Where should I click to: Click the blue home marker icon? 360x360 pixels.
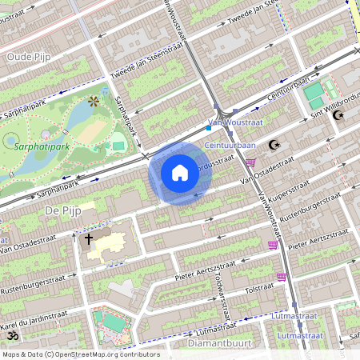[x=180, y=173]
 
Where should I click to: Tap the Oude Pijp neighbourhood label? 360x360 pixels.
[x=29, y=57]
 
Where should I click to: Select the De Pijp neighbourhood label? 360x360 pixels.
[x=59, y=210]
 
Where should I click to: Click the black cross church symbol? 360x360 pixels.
[x=88, y=238]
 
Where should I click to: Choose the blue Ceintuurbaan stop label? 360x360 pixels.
[x=230, y=145]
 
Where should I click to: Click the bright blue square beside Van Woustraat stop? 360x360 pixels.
[x=208, y=126]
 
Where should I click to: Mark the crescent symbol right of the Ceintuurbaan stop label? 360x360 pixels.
[x=274, y=145]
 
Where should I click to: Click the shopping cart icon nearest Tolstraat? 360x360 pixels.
[x=282, y=277]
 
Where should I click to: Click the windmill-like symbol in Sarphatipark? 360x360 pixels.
[x=94, y=102]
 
